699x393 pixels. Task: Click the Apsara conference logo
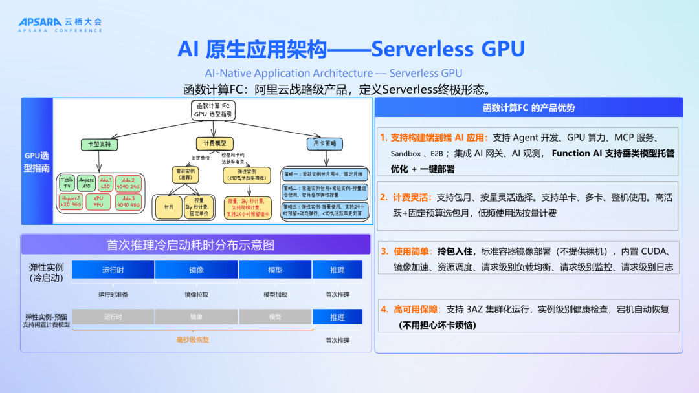coord(60,25)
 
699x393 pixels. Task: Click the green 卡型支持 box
coord(98,143)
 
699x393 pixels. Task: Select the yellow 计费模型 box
coord(214,143)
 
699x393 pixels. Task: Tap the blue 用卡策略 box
coord(325,143)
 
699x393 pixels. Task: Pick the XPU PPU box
coord(98,202)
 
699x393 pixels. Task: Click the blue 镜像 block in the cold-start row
coord(196,270)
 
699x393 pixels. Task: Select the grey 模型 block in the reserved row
coord(274,317)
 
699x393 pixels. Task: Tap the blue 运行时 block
coord(113,270)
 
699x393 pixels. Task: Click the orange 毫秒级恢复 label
coord(193,340)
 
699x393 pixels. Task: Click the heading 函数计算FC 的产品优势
coord(528,108)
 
